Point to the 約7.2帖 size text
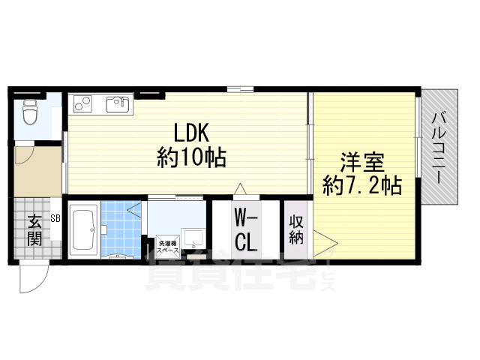click(x=361, y=184)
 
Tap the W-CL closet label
click(x=247, y=229)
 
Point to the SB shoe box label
click(x=55, y=219)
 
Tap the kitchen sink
click(x=118, y=104)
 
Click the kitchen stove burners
click(x=82, y=104)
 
